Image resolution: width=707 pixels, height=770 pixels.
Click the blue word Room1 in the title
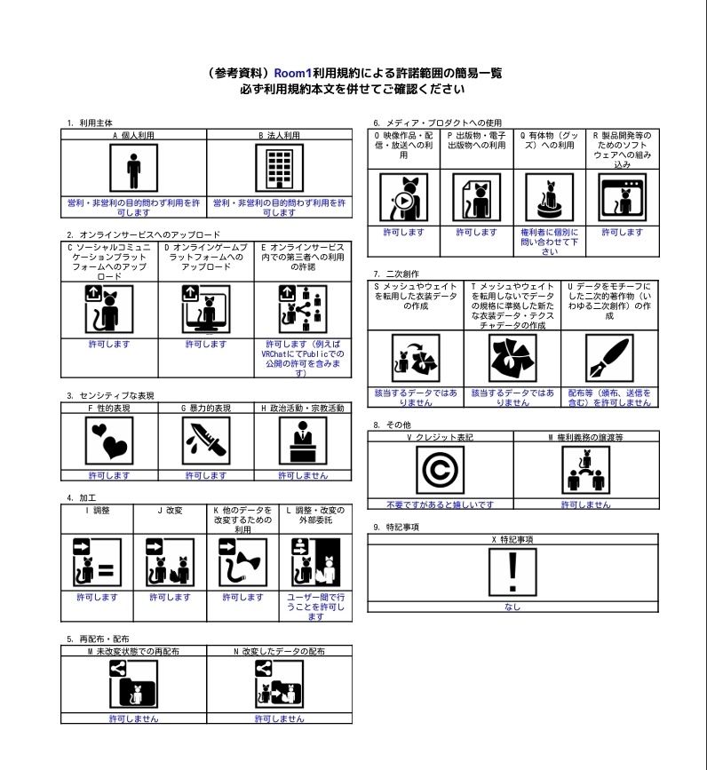(x=292, y=73)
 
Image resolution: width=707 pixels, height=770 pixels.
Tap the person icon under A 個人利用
(x=133, y=168)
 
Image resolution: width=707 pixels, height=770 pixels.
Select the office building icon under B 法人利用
(x=280, y=168)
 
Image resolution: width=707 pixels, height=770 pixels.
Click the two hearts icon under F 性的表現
(x=109, y=441)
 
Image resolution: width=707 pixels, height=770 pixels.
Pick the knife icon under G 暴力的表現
(x=206, y=441)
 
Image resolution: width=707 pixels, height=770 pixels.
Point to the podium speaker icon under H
(x=303, y=441)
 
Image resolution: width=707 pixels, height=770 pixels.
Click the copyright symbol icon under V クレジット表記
(x=440, y=470)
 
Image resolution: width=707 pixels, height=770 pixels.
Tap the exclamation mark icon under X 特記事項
(x=512, y=572)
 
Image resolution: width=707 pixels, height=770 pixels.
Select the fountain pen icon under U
(x=609, y=358)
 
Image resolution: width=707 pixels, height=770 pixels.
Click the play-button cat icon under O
(x=403, y=197)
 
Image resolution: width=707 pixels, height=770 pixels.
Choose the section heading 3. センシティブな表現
(x=110, y=395)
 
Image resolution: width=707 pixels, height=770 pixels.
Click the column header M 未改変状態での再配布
(x=133, y=651)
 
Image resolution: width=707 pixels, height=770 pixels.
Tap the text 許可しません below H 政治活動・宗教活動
(x=303, y=475)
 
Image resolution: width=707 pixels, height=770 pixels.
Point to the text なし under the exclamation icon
(x=512, y=607)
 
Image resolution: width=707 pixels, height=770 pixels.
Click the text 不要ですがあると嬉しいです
(x=440, y=504)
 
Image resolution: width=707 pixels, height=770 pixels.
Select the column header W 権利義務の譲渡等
(x=585, y=437)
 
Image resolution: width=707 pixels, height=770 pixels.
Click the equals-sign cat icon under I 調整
(x=97, y=562)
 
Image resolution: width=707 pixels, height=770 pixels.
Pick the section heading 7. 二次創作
(x=396, y=274)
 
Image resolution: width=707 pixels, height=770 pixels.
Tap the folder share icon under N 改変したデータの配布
(x=280, y=684)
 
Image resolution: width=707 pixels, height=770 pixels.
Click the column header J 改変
(x=170, y=510)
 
